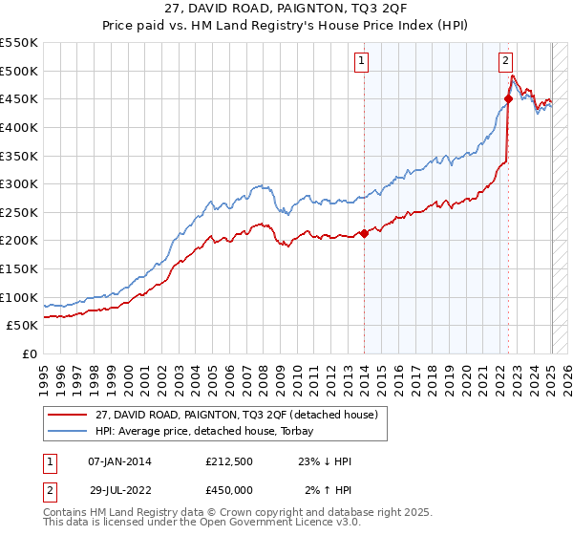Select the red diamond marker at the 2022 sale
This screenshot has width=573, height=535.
coord(508,97)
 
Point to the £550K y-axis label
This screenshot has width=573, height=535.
coord(19,43)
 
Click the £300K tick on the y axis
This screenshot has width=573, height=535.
coord(19,183)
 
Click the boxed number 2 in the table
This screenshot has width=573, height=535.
coord(49,490)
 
